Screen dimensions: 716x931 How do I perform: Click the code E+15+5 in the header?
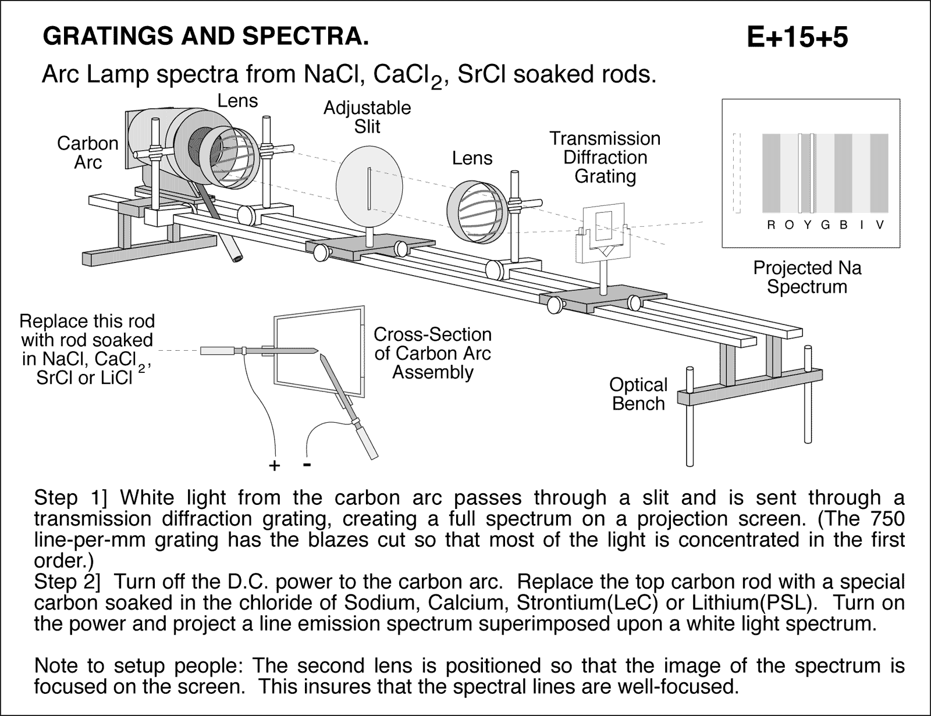pos(797,38)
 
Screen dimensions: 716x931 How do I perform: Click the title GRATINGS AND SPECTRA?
pos(206,37)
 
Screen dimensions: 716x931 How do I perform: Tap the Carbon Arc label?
pos(88,152)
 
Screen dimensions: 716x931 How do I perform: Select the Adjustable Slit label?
pos(367,117)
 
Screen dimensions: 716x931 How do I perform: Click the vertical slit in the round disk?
pos(369,188)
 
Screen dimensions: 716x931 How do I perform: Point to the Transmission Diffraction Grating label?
pos(605,157)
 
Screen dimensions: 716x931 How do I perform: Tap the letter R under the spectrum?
pos(771,226)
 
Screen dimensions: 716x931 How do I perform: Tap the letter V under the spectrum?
pos(879,226)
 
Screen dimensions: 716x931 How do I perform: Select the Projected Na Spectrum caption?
pos(807,277)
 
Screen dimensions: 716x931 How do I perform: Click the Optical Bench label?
pos(638,394)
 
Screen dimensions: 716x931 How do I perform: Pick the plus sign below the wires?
pos(274,465)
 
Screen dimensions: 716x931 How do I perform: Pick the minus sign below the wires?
pos(307,464)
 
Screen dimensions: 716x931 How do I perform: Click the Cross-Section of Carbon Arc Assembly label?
pos(432,353)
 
